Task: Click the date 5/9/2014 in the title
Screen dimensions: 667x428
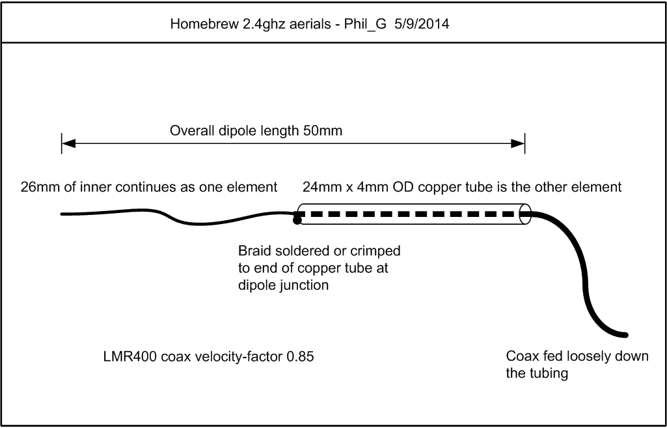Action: point(422,23)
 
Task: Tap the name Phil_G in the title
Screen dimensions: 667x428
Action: point(365,24)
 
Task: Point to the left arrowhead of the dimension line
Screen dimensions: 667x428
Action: point(68,143)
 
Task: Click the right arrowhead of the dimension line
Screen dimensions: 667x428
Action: point(518,143)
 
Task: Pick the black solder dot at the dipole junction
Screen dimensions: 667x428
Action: point(297,220)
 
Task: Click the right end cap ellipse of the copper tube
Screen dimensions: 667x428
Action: point(526,214)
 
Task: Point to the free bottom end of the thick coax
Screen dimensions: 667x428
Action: point(625,335)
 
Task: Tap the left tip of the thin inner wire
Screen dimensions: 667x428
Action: point(62,214)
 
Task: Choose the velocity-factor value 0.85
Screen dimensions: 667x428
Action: point(300,356)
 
